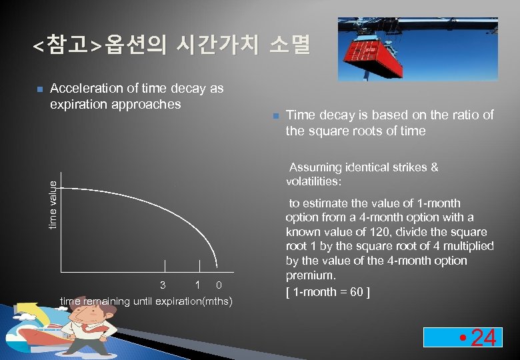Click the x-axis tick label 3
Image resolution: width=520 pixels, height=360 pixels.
[x=163, y=285]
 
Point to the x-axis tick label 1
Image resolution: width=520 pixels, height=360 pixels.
[x=198, y=285]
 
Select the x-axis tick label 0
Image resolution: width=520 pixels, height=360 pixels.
[x=219, y=285]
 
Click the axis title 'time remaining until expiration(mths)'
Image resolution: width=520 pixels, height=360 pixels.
[x=146, y=301]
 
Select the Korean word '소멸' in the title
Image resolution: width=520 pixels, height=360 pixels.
[x=290, y=45]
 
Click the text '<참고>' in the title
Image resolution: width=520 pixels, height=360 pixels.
[x=67, y=45]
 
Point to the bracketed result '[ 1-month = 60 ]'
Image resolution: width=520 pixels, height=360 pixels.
[x=327, y=291]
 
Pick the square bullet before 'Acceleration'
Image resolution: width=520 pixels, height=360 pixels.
[x=39, y=89]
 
